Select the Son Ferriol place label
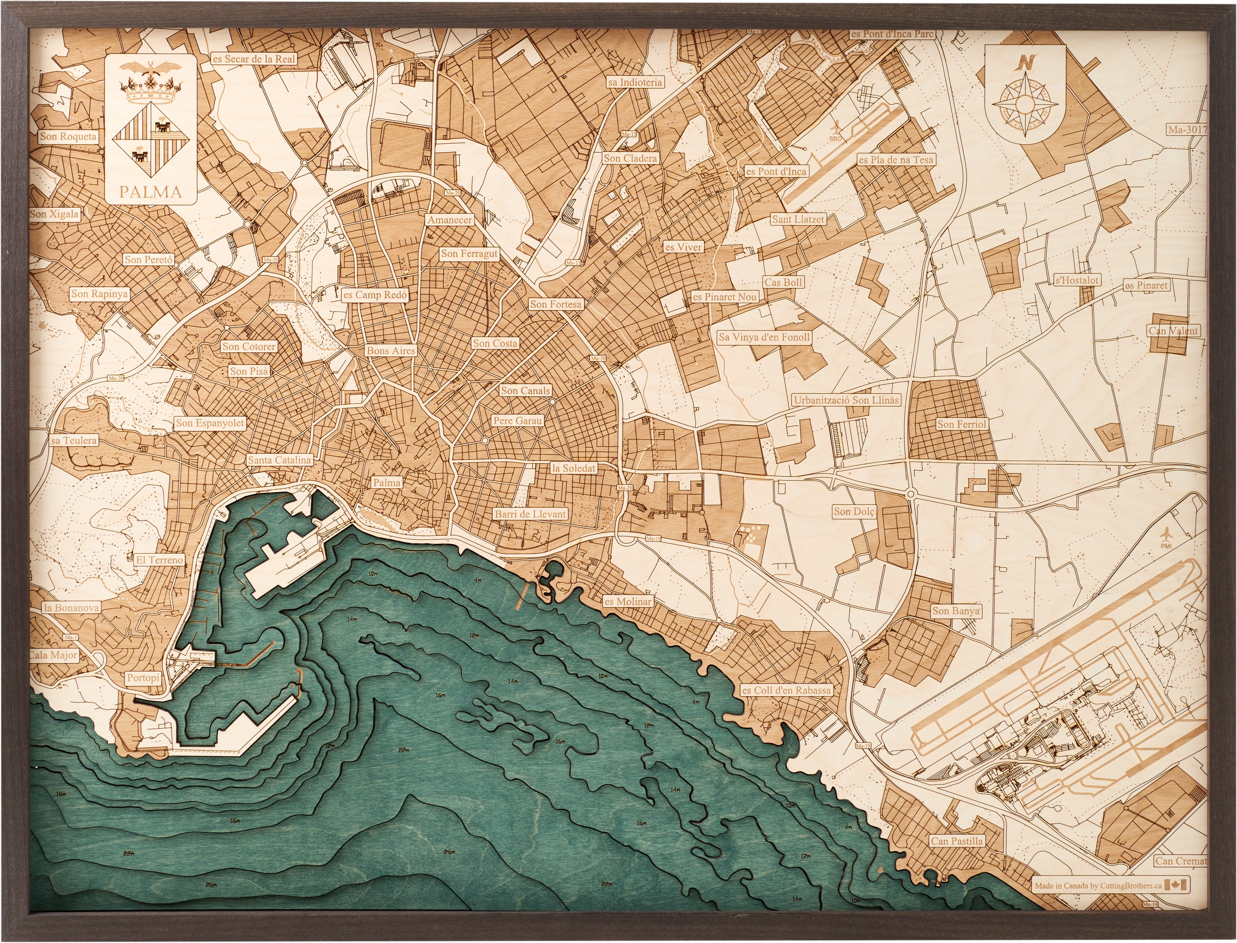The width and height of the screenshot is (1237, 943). [x=961, y=424]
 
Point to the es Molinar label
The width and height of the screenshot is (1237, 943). [x=627, y=601]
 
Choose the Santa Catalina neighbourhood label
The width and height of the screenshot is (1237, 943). [x=279, y=460]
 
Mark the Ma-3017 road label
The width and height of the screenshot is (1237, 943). [x=1187, y=130]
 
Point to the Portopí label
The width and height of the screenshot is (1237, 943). [x=143, y=678]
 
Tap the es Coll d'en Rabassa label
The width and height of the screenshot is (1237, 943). [x=786, y=690]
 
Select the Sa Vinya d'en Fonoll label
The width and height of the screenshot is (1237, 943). [x=764, y=337]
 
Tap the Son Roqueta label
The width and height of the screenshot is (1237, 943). [x=68, y=136]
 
